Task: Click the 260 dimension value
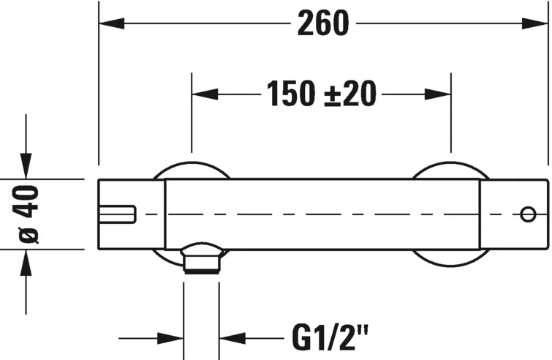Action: click(x=323, y=23)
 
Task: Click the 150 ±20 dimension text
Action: click(x=322, y=94)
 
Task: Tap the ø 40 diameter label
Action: click(x=26, y=214)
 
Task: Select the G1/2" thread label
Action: click(x=330, y=337)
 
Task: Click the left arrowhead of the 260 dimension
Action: click(x=112, y=23)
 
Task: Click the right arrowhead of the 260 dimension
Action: click(x=535, y=23)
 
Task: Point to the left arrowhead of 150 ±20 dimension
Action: click(x=205, y=94)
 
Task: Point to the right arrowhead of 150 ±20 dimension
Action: click(x=438, y=94)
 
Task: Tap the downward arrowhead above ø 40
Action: click(x=26, y=166)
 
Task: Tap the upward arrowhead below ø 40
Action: click(x=26, y=263)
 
